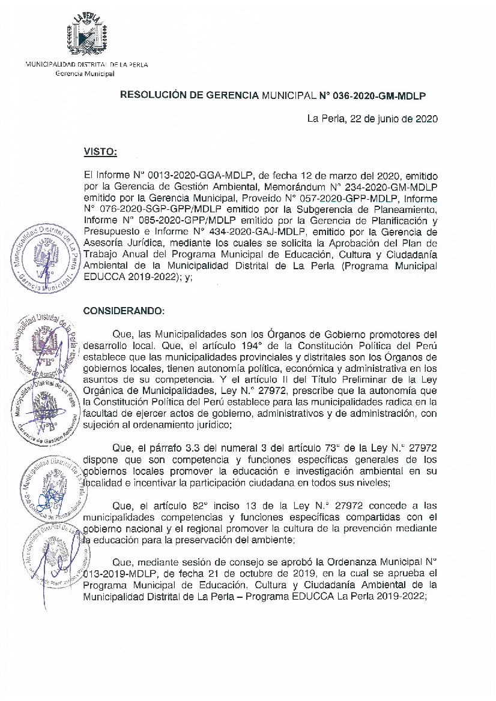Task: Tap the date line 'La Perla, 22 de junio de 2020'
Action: point(372,119)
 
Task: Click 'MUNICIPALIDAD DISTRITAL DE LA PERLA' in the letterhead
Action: point(86,64)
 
